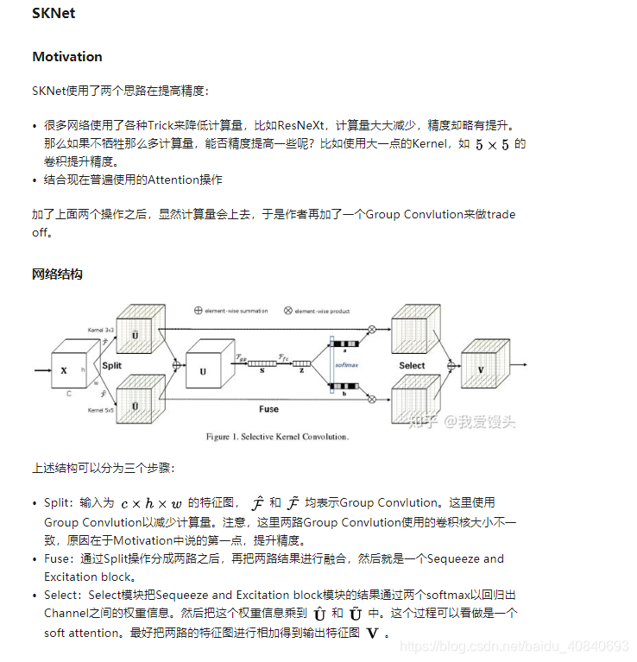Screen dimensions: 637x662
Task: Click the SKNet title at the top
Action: point(54,14)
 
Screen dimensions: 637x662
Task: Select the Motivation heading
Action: point(67,57)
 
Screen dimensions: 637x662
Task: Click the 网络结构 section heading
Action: point(57,274)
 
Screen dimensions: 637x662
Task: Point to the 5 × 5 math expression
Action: point(492,145)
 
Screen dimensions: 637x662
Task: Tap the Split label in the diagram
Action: point(112,365)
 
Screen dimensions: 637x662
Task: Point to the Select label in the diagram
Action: point(412,365)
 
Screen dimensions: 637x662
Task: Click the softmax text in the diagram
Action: point(346,365)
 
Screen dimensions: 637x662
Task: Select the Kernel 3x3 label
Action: point(101,330)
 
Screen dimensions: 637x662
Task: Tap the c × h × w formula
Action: point(151,503)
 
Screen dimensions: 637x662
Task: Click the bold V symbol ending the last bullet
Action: point(372,634)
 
